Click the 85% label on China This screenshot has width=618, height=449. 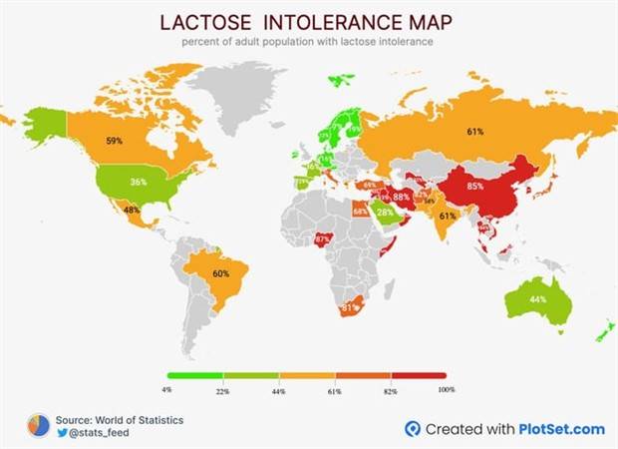[474, 186]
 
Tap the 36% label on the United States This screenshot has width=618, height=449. [140, 182]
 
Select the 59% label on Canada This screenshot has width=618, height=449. [115, 142]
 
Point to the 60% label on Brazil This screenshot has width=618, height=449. [220, 273]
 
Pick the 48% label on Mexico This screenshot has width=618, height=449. [131, 211]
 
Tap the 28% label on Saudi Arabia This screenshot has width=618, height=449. [384, 212]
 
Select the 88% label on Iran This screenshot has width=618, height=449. [402, 198]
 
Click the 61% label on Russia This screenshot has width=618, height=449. [475, 132]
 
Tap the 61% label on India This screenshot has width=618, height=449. [448, 216]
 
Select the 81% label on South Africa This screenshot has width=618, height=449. [349, 308]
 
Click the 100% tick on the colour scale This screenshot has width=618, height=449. [446, 390]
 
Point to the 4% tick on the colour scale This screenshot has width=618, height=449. [166, 390]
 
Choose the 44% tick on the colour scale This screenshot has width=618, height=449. [279, 391]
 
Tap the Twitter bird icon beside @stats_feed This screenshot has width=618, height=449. [62, 433]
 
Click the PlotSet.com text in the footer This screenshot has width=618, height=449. [561, 429]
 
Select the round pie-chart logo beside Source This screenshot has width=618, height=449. [38, 426]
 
